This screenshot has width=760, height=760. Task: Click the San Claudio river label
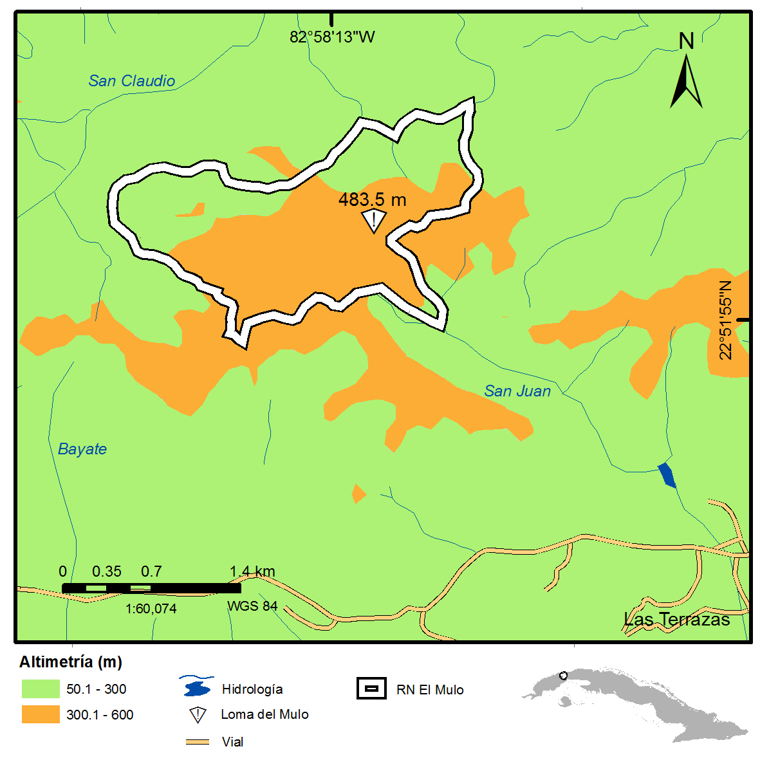(131, 81)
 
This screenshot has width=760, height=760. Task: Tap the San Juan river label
(517, 391)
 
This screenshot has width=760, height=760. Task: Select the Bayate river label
(82, 449)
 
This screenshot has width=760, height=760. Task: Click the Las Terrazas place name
(676, 620)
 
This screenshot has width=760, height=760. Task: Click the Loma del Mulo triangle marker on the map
(373, 221)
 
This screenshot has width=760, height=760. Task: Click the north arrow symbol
(686, 80)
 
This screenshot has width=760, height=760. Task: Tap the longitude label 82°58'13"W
(332, 37)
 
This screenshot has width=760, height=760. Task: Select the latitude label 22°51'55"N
(726, 320)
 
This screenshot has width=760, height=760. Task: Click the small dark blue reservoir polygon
(667, 476)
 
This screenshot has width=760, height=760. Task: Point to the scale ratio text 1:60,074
(151, 609)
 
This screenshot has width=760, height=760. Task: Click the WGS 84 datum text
(252, 606)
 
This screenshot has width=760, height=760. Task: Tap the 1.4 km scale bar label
(252, 571)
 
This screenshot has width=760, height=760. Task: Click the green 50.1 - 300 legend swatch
(41, 689)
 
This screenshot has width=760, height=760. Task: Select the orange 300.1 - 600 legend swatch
(41, 715)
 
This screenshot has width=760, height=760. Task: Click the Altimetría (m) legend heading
(71, 662)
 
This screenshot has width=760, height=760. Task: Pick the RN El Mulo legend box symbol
(371, 689)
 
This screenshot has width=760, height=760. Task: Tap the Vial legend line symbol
(198, 742)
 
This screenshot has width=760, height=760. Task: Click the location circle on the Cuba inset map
(563, 676)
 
